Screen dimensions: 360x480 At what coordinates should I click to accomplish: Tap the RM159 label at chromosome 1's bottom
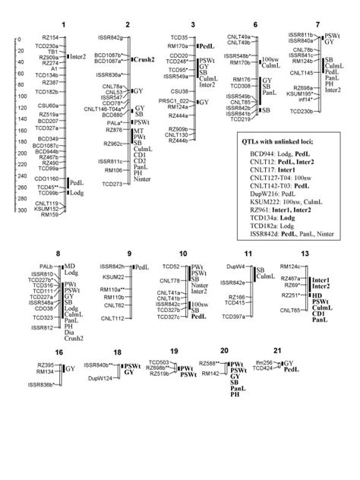[x=50, y=215]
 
